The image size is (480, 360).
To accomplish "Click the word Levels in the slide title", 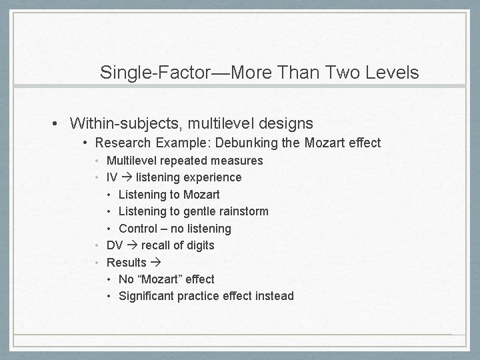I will click(392, 72).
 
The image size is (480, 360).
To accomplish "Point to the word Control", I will click(138, 229).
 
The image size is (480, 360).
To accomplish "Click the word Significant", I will click(146, 296).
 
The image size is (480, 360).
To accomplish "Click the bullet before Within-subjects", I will click(58, 124).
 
